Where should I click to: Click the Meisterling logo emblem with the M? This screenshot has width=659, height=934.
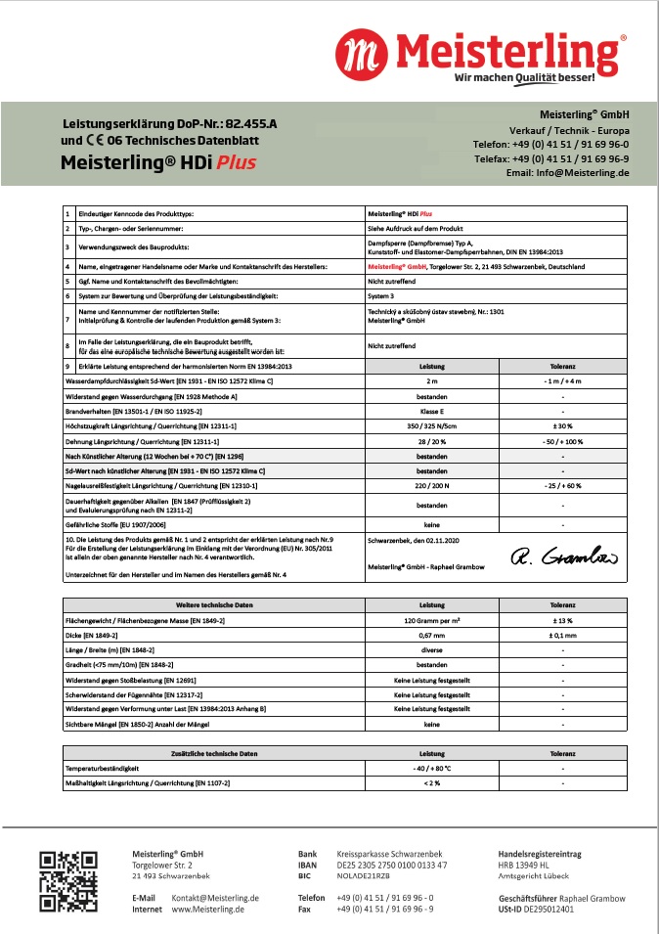pos(358,52)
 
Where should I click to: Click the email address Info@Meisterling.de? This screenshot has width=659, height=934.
pos(567,172)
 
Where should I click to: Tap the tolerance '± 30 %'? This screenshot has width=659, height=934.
pos(563,426)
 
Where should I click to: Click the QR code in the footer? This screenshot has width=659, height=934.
pos(67,881)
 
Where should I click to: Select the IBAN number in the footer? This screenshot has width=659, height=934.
pos(392,866)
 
